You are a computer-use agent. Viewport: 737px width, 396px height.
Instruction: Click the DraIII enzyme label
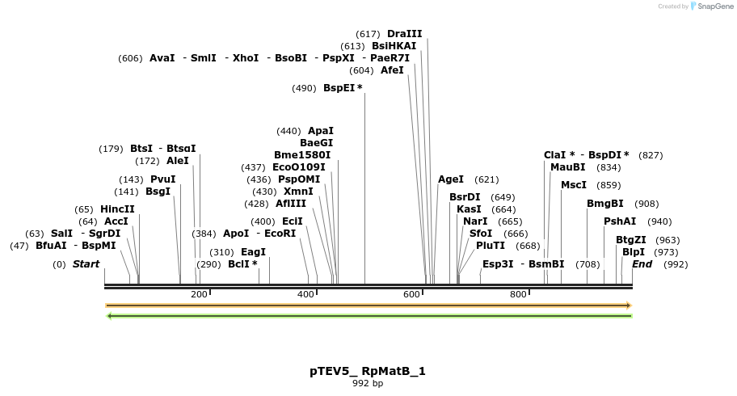(x=404, y=34)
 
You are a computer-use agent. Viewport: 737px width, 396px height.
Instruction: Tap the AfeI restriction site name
(x=392, y=70)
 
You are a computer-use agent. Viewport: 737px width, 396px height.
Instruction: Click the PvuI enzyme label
(x=162, y=179)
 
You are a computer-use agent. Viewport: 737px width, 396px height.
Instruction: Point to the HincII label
(x=117, y=209)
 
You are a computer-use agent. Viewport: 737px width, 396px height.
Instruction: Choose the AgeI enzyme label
(x=451, y=179)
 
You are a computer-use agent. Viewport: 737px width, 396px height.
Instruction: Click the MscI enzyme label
(x=574, y=185)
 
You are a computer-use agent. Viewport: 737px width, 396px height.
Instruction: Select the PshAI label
(x=620, y=221)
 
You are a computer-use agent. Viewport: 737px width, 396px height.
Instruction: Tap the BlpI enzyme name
(x=634, y=252)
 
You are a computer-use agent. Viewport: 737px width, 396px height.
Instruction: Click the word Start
(x=86, y=264)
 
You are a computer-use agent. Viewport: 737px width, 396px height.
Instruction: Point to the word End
(x=642, y=264)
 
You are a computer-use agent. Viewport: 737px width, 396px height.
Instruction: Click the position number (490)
(x=304, y=88)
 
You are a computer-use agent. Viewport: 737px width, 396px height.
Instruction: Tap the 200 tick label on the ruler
(x=199, y=294)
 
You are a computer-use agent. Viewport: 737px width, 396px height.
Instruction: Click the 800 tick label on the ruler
(x=518, y=294)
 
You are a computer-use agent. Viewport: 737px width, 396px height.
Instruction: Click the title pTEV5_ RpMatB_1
(x=368, y=371)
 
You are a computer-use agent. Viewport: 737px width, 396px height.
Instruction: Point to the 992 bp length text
(x=368, y=383)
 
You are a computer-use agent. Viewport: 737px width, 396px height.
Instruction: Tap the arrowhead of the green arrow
(x=110, y=315)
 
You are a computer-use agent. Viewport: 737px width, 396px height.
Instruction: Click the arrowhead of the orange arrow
(x=627, y=305)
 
